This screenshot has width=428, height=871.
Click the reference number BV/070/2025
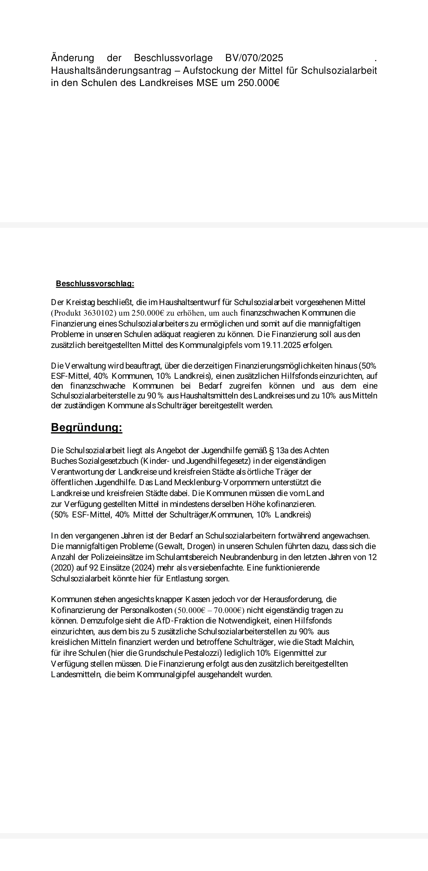[x=254, y=58]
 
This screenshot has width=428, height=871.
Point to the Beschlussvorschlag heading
[x=95, y=284]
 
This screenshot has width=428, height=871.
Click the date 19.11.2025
[x=281, y=345]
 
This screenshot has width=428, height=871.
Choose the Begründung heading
[x=87, y=428]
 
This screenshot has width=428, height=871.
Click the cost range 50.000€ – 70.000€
[x=209, y=610]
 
